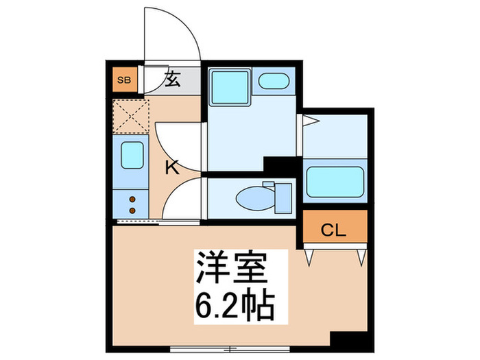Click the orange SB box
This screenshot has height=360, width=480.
124,80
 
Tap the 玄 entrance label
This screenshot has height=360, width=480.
171,80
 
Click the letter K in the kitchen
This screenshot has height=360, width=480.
172,167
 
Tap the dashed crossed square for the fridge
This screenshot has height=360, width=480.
130,117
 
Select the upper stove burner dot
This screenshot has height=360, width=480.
132,200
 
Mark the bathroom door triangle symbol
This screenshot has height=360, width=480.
310,123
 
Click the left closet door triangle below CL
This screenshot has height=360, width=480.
309,257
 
